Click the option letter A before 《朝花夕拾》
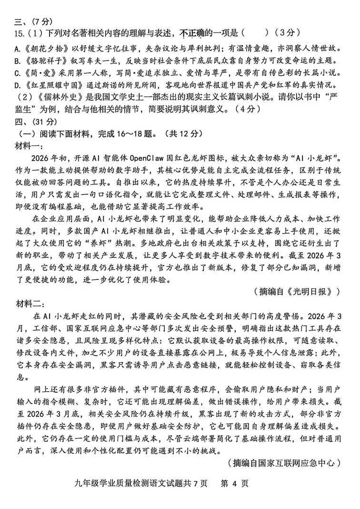tap(17, 48)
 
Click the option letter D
tap(17, 85)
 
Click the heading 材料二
tap(29, 303)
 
